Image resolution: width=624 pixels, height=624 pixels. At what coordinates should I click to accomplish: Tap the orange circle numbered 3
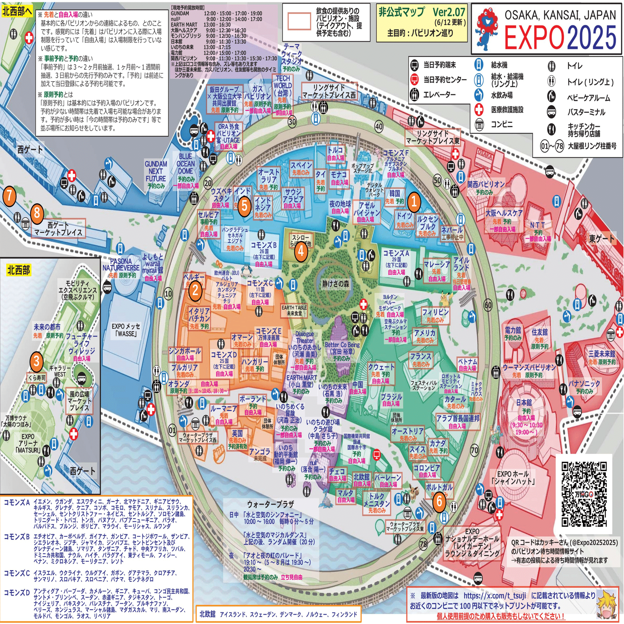coord(36,361)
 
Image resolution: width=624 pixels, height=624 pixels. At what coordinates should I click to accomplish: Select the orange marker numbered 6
coord(439,501)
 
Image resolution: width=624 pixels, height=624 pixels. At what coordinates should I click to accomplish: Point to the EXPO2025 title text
coord(560,37)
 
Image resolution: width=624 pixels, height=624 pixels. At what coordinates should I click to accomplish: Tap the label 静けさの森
coord(336,284)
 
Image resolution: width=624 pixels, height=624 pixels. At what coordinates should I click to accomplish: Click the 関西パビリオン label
coord(486,184)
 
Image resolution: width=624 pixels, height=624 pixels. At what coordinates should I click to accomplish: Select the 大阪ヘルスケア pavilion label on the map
coord(504,213)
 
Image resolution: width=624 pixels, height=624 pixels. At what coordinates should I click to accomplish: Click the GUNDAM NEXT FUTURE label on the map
coord(156,172)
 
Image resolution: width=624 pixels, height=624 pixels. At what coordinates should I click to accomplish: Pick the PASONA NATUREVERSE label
coord(121,265)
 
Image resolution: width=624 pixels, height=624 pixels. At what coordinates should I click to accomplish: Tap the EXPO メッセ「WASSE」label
coord(126,330)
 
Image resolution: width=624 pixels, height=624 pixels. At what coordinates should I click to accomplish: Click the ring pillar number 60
coord(488,305)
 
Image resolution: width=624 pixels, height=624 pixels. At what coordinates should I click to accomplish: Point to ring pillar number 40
coord(379,126)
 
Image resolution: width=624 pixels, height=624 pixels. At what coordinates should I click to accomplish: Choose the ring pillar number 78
coord(423,544)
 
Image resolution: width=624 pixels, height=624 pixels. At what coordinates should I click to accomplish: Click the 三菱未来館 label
coord(602,354)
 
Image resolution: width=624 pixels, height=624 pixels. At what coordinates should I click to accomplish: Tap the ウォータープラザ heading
coord(270,504)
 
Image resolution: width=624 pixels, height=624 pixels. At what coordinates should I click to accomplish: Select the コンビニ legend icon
coord(479,125)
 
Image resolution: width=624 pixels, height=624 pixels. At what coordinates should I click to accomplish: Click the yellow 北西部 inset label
coord(18,270)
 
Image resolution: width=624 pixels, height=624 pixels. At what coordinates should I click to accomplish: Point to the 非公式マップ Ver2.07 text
coord(421,13)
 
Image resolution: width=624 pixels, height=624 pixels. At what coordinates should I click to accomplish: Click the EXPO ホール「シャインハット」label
coord(513,477)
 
